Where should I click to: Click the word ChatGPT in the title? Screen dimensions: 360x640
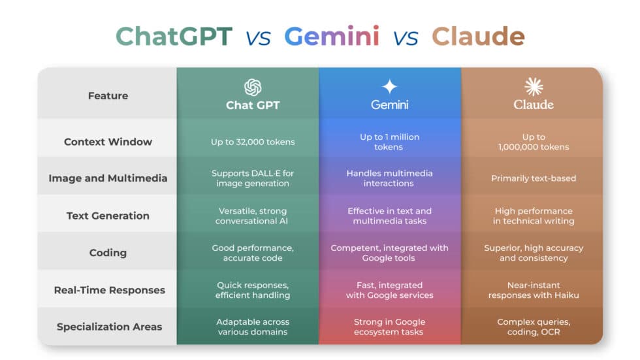coord(174,37)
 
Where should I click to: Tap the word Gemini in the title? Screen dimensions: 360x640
coord(331,37)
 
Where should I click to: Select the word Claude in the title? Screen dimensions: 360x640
coord(478,37)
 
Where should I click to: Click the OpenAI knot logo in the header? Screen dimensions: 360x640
coord(253,88)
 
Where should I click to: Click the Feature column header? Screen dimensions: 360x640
coord(108,96)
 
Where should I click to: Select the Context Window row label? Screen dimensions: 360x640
coord(108,142)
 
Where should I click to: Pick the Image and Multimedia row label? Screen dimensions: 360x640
coord(108,178)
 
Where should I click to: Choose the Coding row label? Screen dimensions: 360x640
coord(108,253)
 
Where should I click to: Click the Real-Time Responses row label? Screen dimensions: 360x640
coord(108,290)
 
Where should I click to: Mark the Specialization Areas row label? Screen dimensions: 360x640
coord(108,327)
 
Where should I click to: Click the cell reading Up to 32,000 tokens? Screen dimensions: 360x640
coord(253,142)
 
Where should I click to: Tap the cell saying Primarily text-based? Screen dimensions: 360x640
coord(533,178)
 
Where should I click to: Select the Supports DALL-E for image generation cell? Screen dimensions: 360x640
coord(253,178)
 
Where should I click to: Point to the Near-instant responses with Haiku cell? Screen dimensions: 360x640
coord(533,290)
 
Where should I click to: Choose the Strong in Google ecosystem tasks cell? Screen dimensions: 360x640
coord(390,327)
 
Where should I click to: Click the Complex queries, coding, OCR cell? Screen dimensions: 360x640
coord(533,327)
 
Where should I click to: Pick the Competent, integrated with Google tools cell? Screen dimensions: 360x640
coord(390,253)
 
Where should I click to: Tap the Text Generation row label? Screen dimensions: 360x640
coord(108,216)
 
